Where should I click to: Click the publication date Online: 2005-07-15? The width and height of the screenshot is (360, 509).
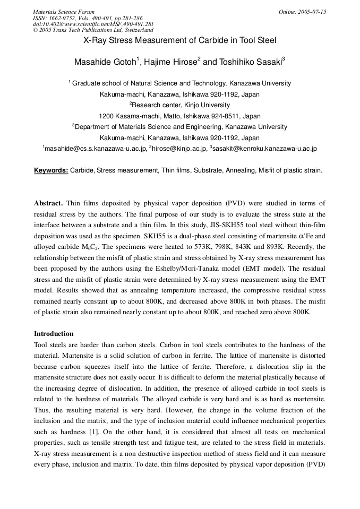point(302,12)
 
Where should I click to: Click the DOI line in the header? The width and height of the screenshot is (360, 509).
point(93,24)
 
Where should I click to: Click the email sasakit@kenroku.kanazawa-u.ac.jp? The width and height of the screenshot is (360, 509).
point(265,149)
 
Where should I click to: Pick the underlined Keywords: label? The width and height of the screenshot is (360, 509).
point(51,170)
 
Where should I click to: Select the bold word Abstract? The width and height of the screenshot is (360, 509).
point(48,203)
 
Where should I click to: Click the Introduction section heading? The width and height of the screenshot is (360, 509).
point(54,334)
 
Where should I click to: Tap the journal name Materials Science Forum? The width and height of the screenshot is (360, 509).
point(63,12)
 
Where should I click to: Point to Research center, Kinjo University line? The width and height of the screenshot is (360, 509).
point(181,105)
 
